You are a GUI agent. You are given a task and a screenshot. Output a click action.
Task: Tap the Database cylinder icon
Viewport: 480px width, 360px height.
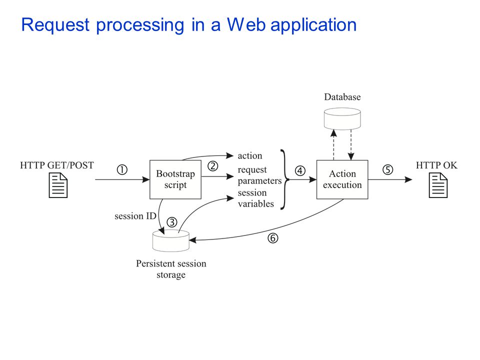(x=342, y=118)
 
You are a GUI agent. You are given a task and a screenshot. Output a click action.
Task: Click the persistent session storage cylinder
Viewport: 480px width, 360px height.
(x=171, y=240)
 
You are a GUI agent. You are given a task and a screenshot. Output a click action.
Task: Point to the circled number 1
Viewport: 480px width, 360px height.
(x=122, y=169)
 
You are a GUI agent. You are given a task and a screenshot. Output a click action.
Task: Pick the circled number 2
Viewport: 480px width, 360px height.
(x=213, y=166)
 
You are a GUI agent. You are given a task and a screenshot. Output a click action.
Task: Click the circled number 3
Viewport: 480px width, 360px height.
(x=172, y=222)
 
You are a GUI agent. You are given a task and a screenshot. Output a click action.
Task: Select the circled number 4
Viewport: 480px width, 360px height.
(x=300, y=170)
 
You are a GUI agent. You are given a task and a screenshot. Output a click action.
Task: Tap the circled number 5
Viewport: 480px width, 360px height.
(x=388, y=169)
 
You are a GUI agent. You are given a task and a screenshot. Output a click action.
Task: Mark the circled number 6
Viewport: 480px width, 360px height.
(x=273, y=238)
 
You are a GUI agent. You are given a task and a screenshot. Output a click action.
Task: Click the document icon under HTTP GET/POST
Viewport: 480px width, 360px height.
(x=58, y=185)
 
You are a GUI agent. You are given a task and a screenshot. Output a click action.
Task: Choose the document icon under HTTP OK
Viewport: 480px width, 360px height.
(x=438, y=185)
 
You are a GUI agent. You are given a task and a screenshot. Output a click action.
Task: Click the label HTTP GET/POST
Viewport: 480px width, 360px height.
(x=57, y=165)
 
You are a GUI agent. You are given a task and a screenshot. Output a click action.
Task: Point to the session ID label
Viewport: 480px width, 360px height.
(x=135, y=216)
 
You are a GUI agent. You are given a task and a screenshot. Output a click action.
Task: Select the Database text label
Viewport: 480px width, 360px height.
(x=342, y=97)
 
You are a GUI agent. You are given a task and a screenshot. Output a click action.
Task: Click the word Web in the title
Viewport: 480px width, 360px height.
(x=246, y=24)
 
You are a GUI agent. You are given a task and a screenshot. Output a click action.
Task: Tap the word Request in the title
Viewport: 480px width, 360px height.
(x=55, y=25)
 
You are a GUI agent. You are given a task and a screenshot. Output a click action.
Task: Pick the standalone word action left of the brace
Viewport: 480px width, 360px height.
(x=250, y=156)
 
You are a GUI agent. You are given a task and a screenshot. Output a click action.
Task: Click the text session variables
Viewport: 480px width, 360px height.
(x=256, y=198)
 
